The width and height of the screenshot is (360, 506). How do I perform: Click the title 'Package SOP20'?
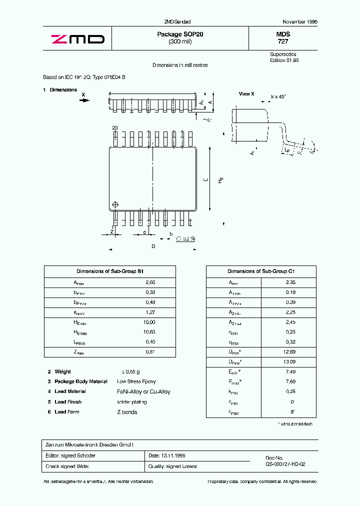[x=180, y=34]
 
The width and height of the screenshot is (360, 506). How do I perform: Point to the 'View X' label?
[x=246, y=94]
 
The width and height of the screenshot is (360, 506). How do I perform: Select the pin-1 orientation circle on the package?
[x=116, y=204]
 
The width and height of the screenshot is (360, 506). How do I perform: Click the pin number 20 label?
[x=115, y=128]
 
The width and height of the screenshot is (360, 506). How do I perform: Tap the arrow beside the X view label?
[x=84, y=100]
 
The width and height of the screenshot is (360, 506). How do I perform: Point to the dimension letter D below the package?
[x=153, y=246]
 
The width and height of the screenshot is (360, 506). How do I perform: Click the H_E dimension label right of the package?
[x=220, y=180]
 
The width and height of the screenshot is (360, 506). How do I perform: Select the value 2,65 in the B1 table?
[x=150, y=282]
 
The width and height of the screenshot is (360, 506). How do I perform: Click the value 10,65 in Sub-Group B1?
[x=149, y=332]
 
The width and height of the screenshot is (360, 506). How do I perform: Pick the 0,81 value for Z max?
[x=150, y=351]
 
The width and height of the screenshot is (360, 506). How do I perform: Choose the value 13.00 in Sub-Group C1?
[x=290, y=361]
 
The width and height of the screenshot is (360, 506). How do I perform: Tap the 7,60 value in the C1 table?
[x=290, y=381]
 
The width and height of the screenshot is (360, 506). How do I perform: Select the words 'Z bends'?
[x=127, y=412]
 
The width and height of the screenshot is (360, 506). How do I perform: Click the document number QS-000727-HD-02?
[x=285, y=464]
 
